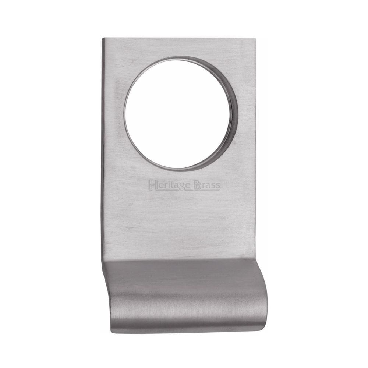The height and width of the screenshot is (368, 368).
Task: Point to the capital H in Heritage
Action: click(x=151, y=185)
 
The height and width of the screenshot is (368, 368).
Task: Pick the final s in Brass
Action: click(x=218, y=186)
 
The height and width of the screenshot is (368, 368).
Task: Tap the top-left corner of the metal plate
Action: click(x=103, y=38)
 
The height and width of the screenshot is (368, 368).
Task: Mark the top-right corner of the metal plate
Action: click(x=255, y=38)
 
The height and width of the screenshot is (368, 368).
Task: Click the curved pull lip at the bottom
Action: click(x=184, y=294)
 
